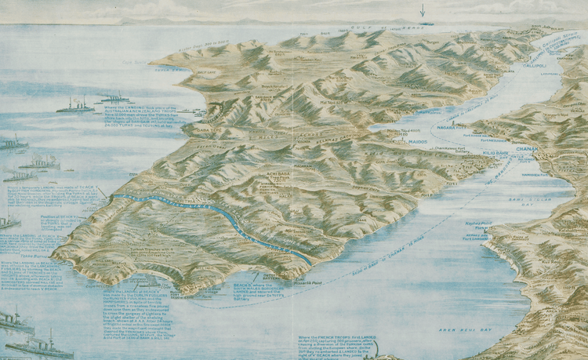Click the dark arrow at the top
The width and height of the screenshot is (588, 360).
click(422, 10)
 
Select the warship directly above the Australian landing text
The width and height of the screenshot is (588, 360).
click(74, 104)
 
